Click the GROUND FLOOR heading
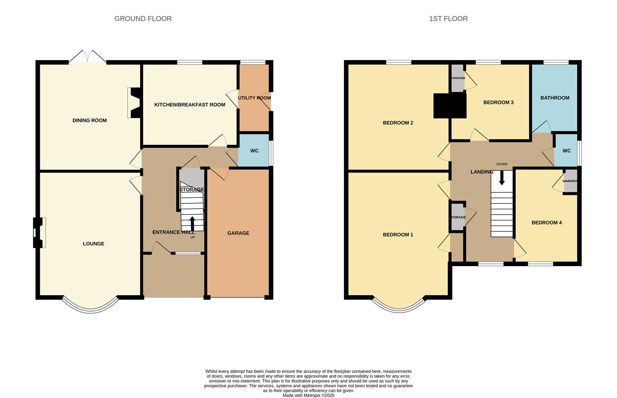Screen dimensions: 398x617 tap(143, 18)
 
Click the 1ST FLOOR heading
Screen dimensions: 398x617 tap(448, 18)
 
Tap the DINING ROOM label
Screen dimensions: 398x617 tap(90, 120)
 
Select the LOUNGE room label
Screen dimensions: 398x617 tap(94, 244)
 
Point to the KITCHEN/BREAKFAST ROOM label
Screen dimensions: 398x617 tap(189, 105)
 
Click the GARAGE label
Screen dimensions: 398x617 tap(238, 233)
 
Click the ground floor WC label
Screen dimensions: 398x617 tap(254, 151)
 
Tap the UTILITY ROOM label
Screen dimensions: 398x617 tap(254, 98)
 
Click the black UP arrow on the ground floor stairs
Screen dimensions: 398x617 tap(192, 223)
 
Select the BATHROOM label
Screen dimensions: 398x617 tap(555, 98)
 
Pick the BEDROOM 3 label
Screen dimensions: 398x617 tap(498, 102)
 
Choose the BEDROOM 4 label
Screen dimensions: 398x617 tap(547, 223)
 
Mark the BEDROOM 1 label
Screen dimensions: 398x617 tap(398, 234)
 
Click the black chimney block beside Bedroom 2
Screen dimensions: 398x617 tap(450, 106)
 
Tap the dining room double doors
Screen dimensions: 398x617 tap(88, 57)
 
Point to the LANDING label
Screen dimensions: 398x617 tap(482, 172)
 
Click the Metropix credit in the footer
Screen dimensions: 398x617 tap(308, 395)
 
